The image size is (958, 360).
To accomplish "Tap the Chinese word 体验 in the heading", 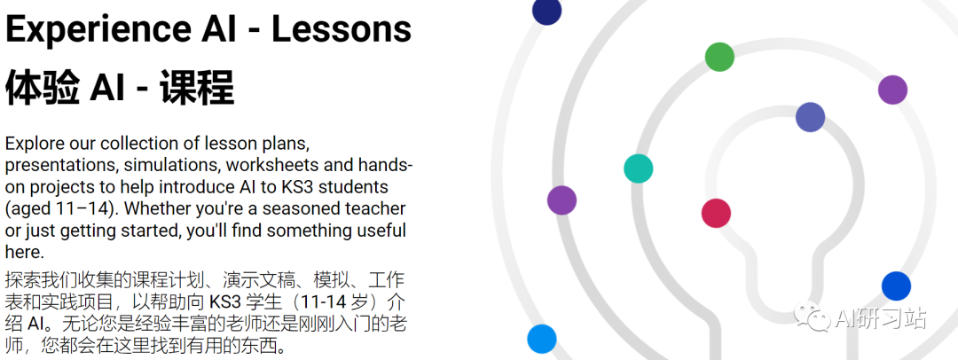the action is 43,88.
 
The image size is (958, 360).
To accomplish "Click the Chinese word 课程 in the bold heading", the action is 197,88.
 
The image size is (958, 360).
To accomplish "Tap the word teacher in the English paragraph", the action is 374,208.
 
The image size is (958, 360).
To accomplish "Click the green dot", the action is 719,57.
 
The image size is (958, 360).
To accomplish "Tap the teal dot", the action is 639,168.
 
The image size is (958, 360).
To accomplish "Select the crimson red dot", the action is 716,214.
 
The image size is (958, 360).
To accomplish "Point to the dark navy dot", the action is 546,11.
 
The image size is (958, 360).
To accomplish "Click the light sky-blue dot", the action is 542,339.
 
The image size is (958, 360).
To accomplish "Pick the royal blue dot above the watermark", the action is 896,286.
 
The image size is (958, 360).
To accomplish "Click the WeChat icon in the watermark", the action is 812,318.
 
